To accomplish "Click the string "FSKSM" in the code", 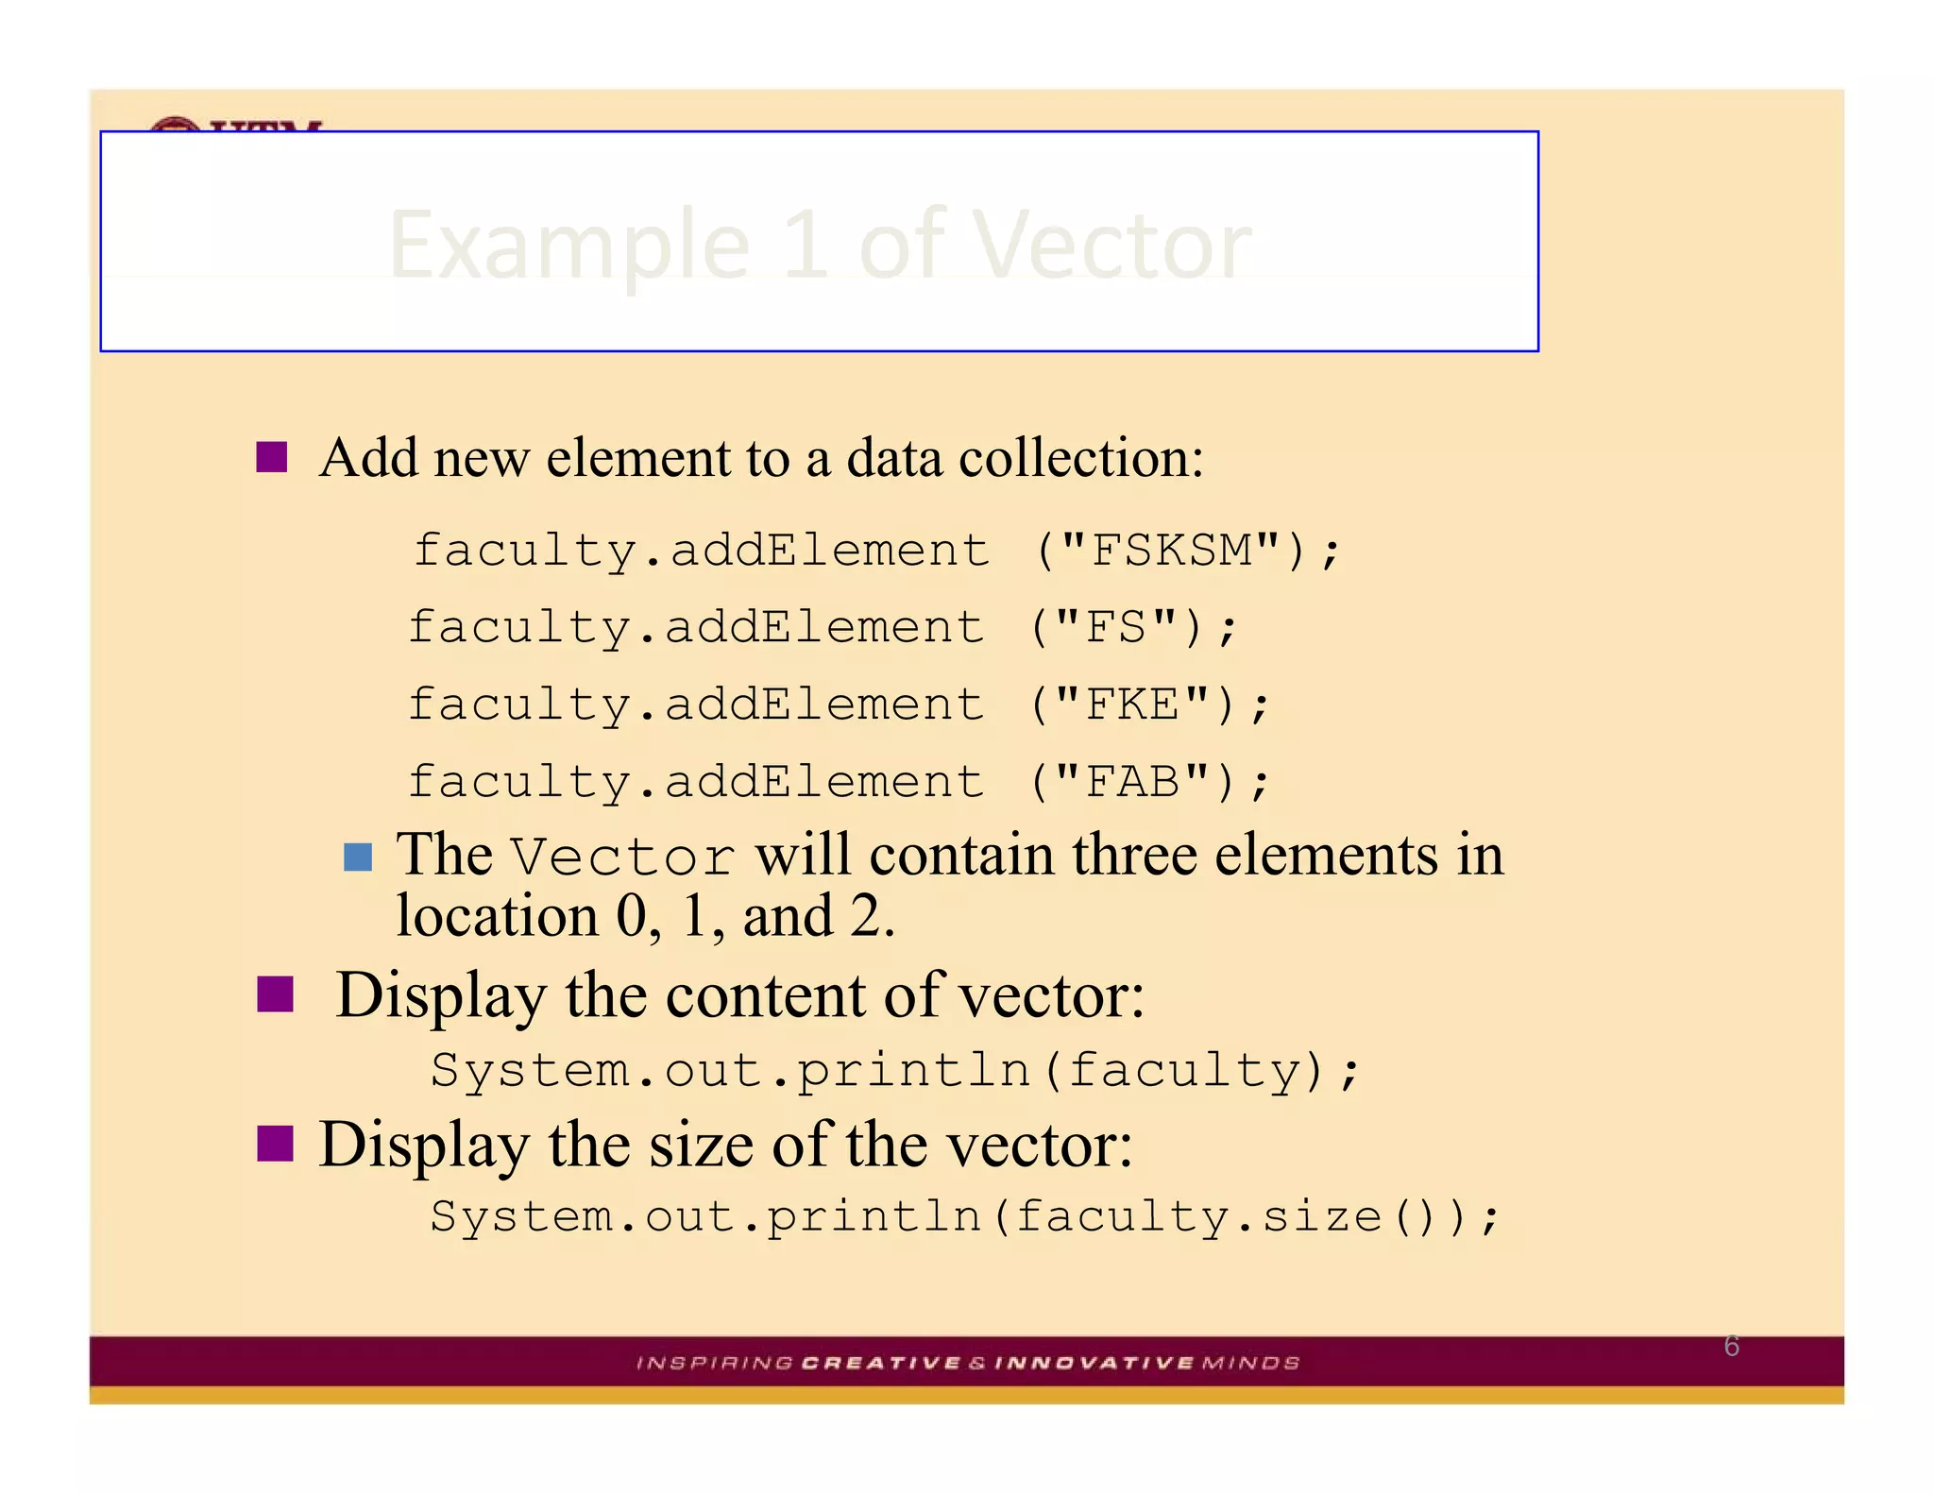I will pos(1171,551).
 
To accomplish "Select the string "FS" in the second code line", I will pos(1115,628).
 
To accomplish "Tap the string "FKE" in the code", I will pos(1132,705).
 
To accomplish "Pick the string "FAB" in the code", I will pos(1132,783).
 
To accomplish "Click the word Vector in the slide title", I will pos(1111,245).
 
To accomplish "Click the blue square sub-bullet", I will pos(358,857).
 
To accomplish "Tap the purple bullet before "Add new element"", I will pos(272,457).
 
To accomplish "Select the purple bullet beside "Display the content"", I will pos(275,994).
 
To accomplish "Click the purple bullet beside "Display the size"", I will pos(275,1143).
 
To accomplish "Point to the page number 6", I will pos(1731,1346).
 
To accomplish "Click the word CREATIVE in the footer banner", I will pos(880,1363).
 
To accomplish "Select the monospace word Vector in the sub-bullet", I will pos(622,857).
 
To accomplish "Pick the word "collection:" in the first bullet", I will pos(1081,458).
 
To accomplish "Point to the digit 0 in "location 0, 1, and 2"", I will pos(631,916).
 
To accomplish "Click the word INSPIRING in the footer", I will pos(715,1363).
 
